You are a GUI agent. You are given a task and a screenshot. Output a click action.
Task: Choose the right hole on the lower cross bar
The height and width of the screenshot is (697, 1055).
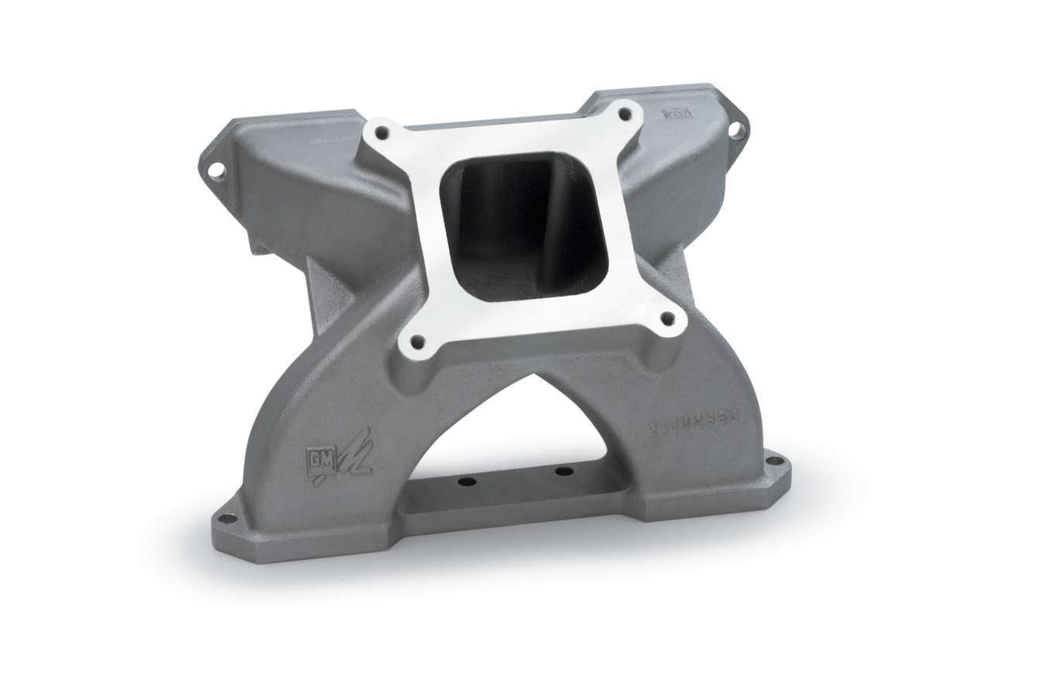click(x=563, y=471)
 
